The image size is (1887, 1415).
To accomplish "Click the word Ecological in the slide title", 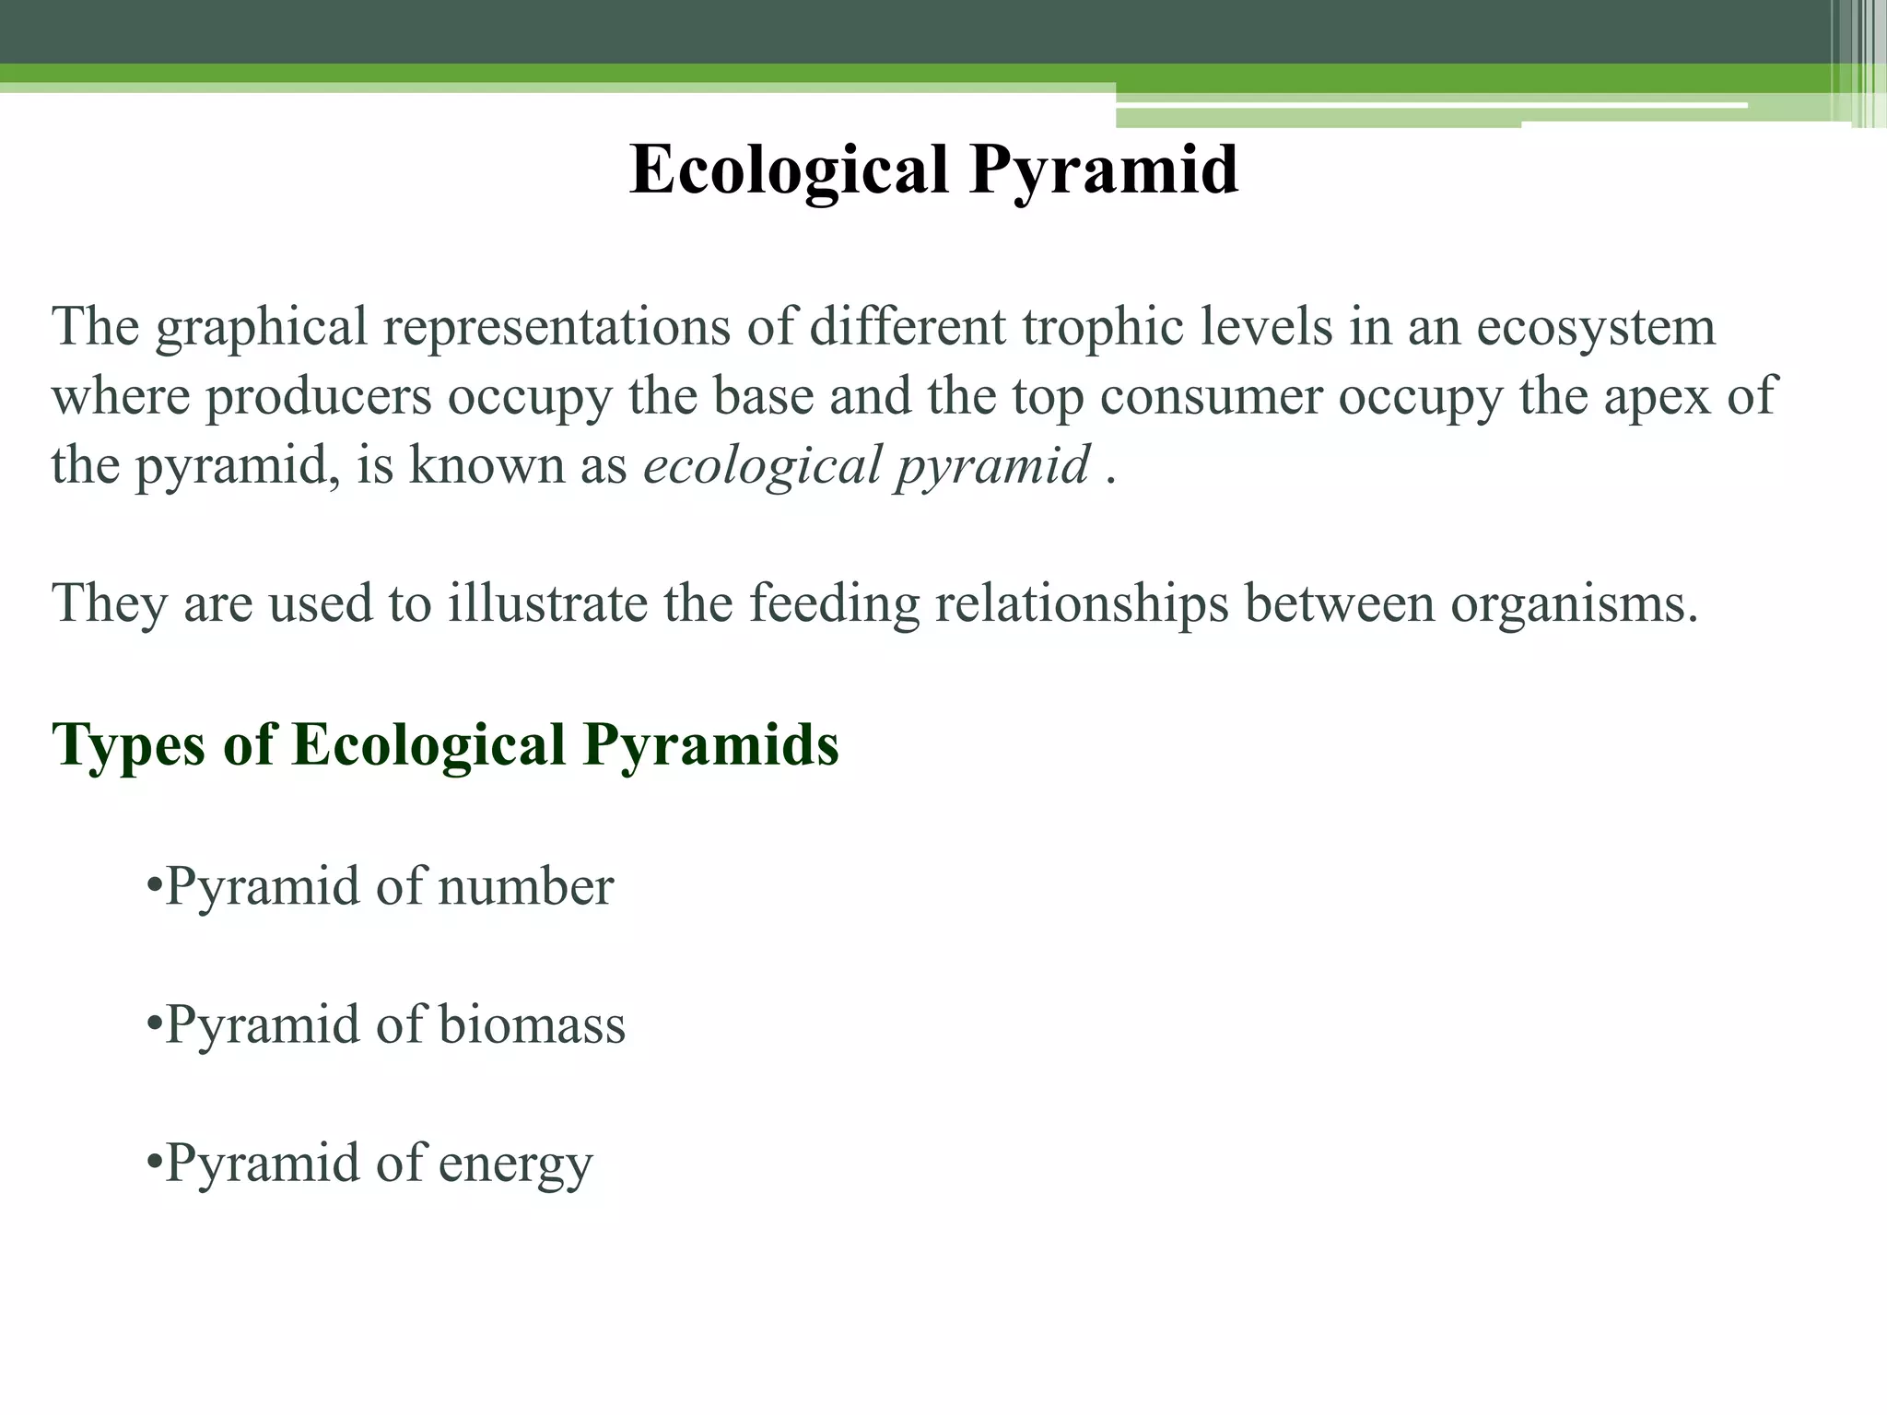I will pyautogui.click(x=789, y=170).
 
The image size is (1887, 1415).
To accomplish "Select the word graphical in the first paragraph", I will pyautogui.click(x=262, y=328).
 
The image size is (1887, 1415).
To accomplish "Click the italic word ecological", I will pyautogui.click(x=763, y=466).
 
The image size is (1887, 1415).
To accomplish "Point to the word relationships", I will pyautogui.click(x=1082, y=604).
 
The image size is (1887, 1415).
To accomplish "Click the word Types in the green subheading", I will pyautogui.click(x=129, y=744).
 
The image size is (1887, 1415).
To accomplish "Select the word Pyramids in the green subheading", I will pyautogui.click(x=710, y=744).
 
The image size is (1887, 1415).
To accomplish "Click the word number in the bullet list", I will pyautogui.click(x=525, y=887).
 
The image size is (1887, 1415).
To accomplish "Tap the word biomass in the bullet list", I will pyautogui.click(x=532, y=1025).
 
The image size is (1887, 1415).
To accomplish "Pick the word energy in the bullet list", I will pyautogui.click(x=515, y=1164).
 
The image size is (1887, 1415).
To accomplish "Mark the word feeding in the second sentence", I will pyautogui.click(x=834, y=604).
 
